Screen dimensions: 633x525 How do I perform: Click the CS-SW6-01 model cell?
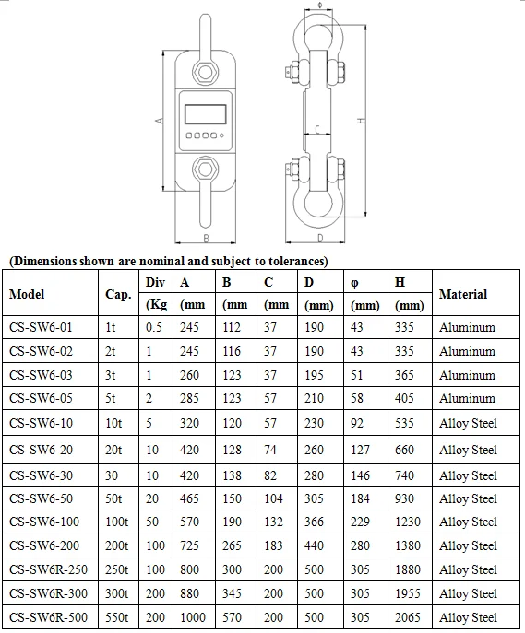pos(41,327)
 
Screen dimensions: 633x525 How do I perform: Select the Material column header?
pos(463,295)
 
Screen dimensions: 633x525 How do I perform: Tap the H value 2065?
pos(408,617)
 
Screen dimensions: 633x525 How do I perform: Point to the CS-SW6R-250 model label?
pos(49,569)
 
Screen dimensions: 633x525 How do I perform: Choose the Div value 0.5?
pos(154,327)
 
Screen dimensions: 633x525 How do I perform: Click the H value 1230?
pos(408,522)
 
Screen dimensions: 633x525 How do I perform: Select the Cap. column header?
pos(118,295)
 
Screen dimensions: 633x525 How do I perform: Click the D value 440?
pos(315,545)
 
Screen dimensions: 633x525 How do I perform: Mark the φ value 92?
pos(359,424)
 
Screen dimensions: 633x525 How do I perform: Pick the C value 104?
pos(274,498)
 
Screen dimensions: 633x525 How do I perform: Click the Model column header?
pos(27,295)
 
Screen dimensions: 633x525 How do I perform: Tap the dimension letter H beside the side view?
pos(363,121)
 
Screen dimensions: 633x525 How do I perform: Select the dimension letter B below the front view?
pos(207,237)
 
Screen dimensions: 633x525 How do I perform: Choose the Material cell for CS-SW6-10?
pos(468,424)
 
